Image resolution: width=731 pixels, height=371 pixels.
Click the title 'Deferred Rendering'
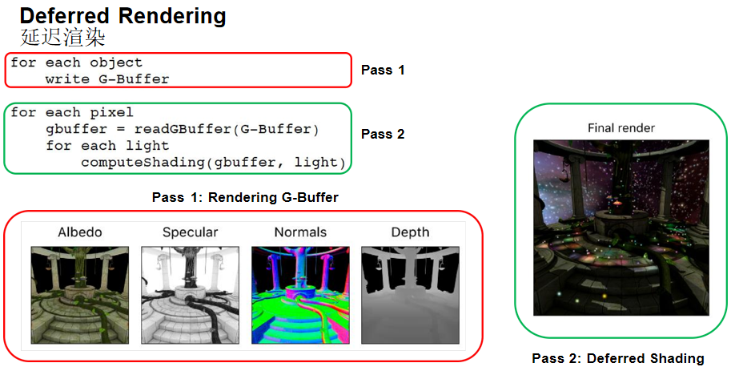coord(123,16)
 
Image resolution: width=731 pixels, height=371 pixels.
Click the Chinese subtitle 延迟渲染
coord(62,38)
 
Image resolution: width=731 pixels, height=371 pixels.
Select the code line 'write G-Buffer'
coord(107,79)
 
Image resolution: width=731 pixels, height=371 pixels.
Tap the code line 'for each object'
coord(76,63)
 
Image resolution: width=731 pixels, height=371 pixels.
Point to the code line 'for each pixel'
coord(72,112)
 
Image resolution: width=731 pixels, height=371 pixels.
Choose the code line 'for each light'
coord(107,146)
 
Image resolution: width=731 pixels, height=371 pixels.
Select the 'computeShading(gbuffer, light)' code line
coord(213,163)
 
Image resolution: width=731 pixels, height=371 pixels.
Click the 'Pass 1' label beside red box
coord(383,70)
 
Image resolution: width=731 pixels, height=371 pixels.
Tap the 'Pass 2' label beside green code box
coord(383,134)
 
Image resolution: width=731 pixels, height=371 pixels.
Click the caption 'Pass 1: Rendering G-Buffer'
coord(243,197)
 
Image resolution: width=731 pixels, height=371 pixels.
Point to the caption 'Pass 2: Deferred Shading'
coord(618,358)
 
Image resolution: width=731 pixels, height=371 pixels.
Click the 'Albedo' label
coord(80,232)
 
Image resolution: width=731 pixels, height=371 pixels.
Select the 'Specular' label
coord(190,232)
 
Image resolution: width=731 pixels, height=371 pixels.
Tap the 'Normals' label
coord(300,232)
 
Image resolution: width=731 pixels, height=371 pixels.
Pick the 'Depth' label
coord(410,232)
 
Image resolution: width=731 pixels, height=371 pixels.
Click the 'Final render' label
coord(621,127)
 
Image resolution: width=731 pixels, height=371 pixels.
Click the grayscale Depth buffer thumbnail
coord(410,294)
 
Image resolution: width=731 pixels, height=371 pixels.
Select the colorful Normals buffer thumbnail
coord(300,294)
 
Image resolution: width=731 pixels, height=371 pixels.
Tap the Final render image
coord(621,228)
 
